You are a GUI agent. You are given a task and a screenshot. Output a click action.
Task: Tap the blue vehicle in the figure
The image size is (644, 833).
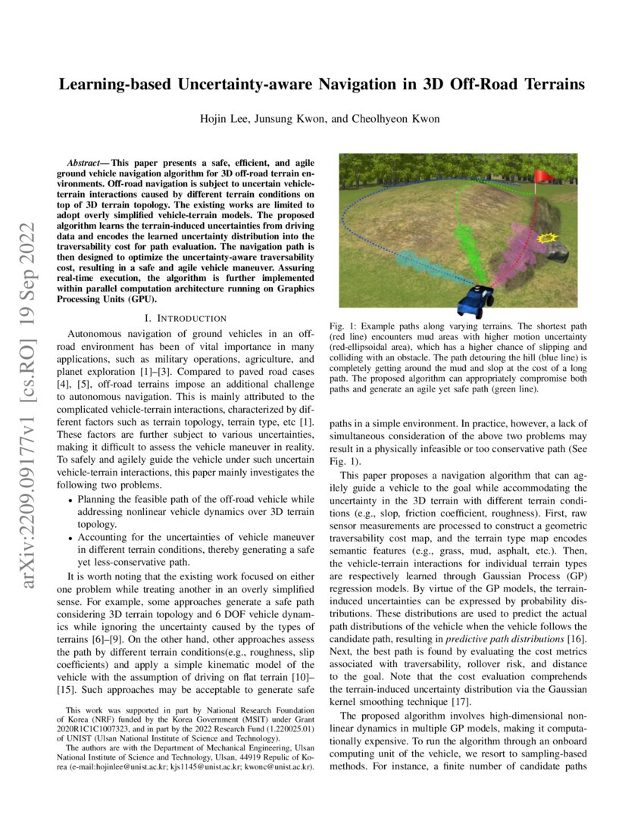click(476, 301)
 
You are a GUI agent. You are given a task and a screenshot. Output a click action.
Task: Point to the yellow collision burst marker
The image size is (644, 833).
click(542, 239)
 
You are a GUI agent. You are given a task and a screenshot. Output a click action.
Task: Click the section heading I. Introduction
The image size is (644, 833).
click(186, 318)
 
